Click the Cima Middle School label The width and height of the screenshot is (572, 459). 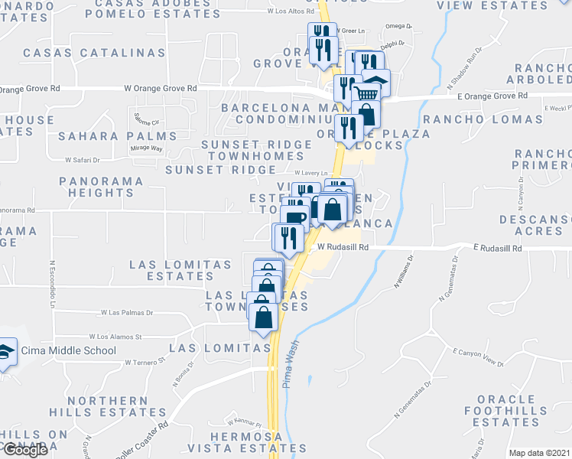click(x=69, y=351)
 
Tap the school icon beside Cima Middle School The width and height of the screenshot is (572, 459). click(x=6, y=352)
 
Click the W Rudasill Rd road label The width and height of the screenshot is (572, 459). click(x=343, y=248)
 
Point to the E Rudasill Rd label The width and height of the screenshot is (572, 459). click(x=498, y=249)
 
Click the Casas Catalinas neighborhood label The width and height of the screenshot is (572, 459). click(x=94, y=53)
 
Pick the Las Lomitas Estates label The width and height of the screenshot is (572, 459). click(x=180, y=270)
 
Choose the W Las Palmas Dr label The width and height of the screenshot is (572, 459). click(x=127, y=312)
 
